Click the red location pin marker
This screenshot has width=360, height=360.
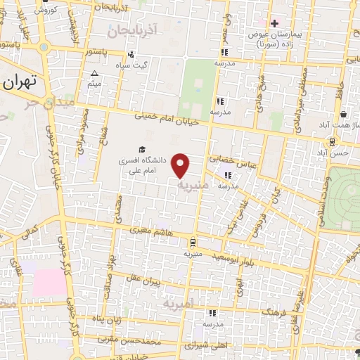(x=181, y=165)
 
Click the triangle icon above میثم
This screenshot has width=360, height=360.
(x=95, y=72)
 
